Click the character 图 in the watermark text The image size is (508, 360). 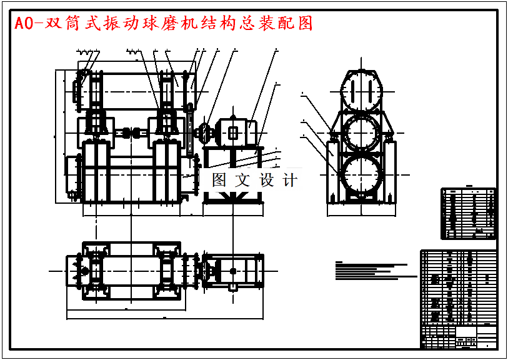[x=219, y=180]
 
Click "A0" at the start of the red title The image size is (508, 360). [x=22, y=24]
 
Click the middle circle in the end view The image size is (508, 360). [x=361, y=132]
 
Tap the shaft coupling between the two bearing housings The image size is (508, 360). [x=130, y=132]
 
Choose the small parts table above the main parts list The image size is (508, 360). [x=469, y=213]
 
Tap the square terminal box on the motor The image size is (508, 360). [x=233, y=132]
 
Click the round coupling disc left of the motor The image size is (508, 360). [x=204, y=132]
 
